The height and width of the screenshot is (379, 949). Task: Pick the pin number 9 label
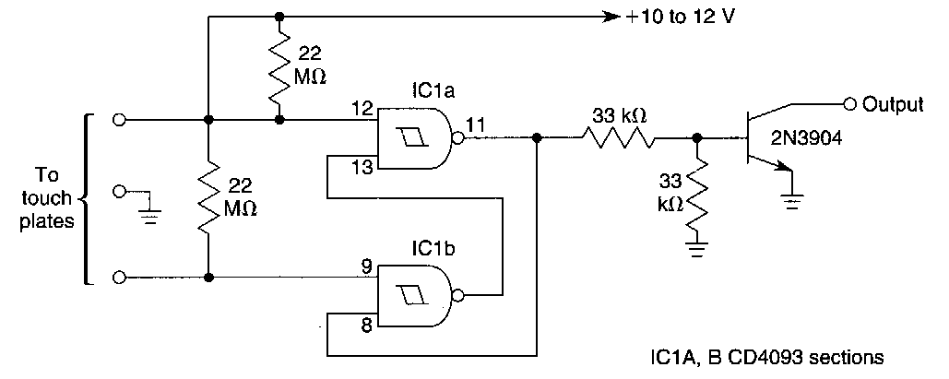tap(366, 266)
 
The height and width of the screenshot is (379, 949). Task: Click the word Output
tap(893, 103)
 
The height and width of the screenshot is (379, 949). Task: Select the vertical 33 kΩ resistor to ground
tap(698, 195)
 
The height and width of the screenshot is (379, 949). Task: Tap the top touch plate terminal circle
tap(117, 120)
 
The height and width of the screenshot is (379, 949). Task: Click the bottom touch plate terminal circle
tap(117, 277)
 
